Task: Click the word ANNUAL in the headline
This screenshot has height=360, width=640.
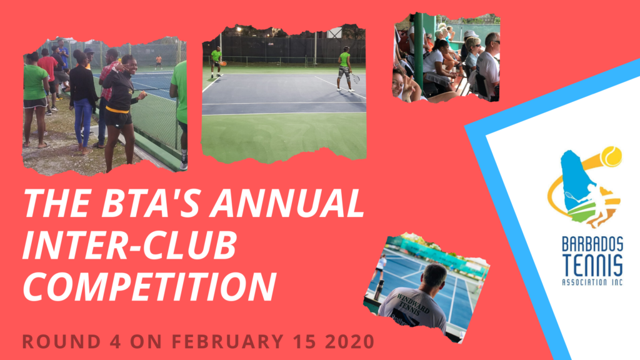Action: (287, 202)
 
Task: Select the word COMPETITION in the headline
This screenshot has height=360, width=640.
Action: (149, 286)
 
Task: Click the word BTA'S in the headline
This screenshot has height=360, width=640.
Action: (152, 202)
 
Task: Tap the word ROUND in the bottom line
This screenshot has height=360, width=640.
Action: (62, 342)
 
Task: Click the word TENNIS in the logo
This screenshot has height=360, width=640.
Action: (592, 265)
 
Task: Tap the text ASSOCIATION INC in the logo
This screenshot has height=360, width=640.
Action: (592, 282)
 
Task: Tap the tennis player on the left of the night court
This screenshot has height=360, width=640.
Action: (216, 62)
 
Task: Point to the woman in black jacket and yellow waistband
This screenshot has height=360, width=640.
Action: (119, 110)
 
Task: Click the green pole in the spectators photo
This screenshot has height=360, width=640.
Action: (418, 51)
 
